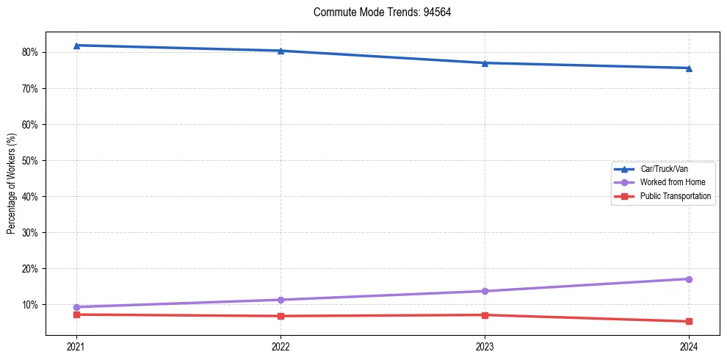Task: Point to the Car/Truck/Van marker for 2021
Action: point(76,46)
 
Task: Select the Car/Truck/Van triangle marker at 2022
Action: point(281,51)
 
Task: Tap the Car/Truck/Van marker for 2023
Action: point(485,63)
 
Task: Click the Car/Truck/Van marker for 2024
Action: point(689,68)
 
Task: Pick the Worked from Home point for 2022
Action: point(281,300)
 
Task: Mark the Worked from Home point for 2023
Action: point(485,291)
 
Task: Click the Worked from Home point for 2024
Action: point(689,279)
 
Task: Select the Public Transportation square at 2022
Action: point(281,316)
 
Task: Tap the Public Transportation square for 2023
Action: point(485,315)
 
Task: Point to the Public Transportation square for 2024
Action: point(689,321)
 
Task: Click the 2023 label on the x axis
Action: point(485,346)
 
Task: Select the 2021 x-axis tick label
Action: point(76,346)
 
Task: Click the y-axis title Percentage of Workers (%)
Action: point(11,183)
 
